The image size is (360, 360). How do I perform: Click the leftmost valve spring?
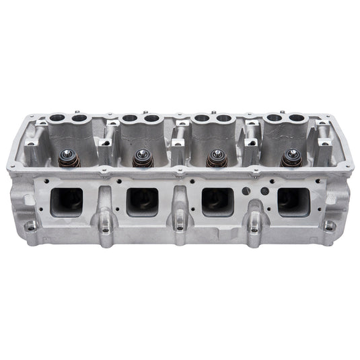click(67, 159)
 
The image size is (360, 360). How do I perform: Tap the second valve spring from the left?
click(141, 159)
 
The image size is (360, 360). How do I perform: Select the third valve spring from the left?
click(215, 159)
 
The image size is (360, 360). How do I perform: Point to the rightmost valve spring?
click(291, 159)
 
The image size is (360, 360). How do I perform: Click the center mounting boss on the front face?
click(179, 227)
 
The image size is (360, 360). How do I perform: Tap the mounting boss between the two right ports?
click(254, 227)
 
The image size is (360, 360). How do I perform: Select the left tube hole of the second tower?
click(130, 119)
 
